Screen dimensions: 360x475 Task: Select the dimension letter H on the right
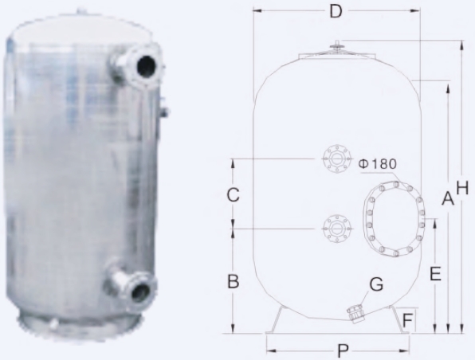click(461, 187)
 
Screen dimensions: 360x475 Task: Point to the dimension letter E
click(435, 274)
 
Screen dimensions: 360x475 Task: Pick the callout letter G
click(376, 284)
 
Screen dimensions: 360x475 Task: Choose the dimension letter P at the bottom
click(342, 349)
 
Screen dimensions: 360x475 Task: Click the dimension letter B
click(233, 281)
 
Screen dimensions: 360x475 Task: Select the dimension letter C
click(233, 194)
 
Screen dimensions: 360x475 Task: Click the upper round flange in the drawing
click(336, 158)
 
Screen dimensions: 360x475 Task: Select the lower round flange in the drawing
click(336, 228)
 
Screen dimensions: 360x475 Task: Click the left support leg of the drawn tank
click(274, 322)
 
